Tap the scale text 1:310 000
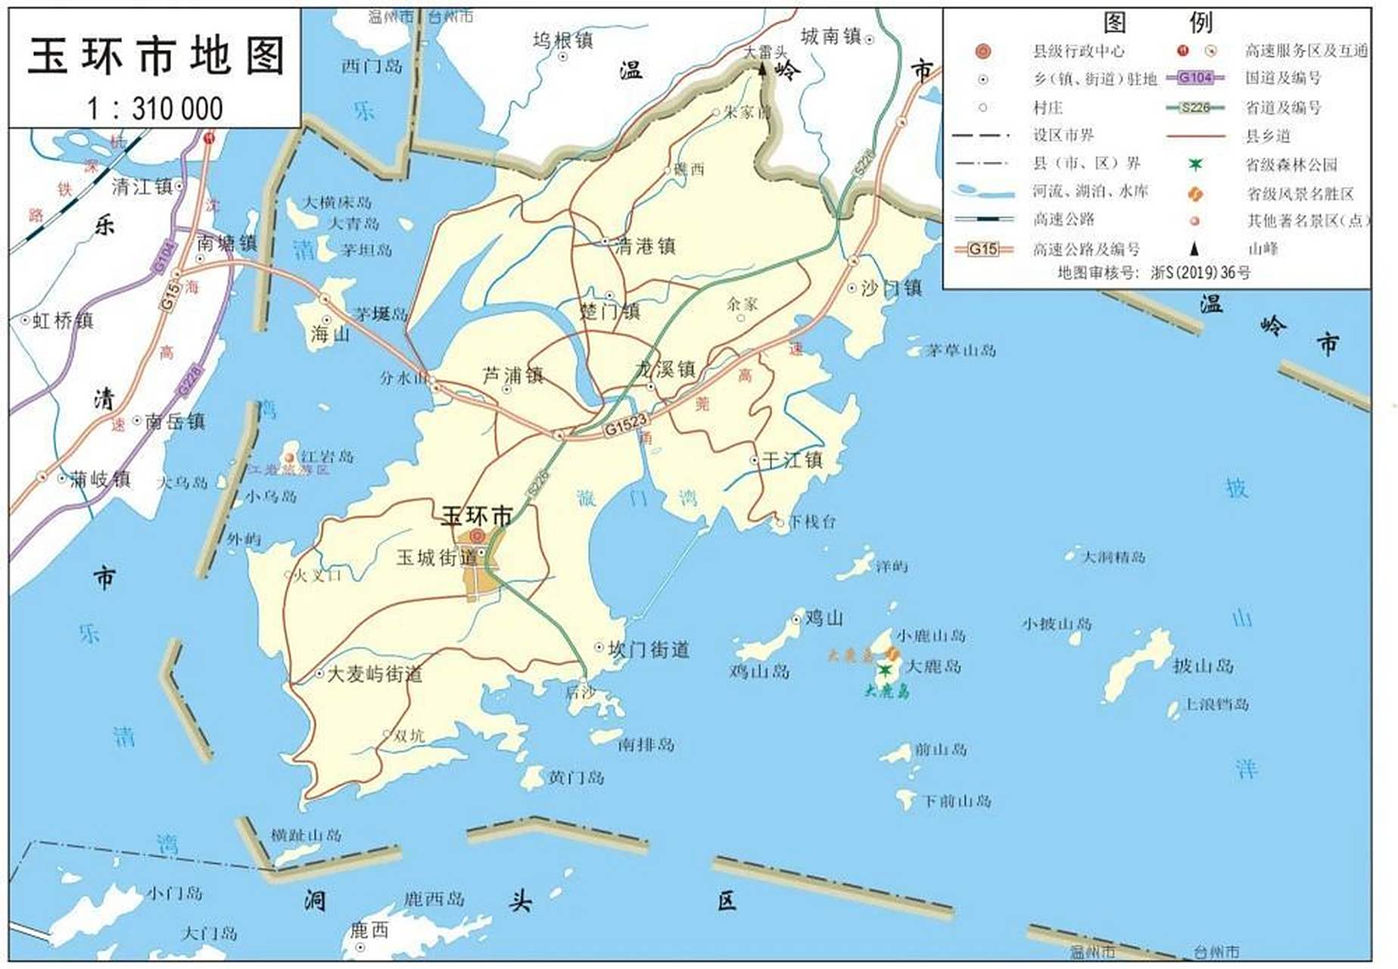(x=155, y=108)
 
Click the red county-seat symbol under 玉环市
(x=477, y=536)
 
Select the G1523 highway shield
(x=626, y=425)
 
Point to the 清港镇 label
(x=645, y=246)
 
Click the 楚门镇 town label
(x=610, y=311)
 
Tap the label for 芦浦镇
(x=513, y=375)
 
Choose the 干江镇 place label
(x=792, y=460)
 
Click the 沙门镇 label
(x=892, y=288)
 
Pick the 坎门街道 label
(x=649, y=650)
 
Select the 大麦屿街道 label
(x=375, y=674)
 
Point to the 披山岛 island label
(x=1203, y=665)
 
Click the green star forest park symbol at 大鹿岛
(x=884, y=670)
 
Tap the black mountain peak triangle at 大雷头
(x=762, y=70)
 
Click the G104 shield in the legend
(x=1196, y=77)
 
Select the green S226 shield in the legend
(x=1196, y=107)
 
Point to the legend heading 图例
(x=1157, y=23)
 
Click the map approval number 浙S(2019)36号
(x=1200, y=273)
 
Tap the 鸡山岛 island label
(x=759, y=671)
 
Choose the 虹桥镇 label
(x=63, y=320)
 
